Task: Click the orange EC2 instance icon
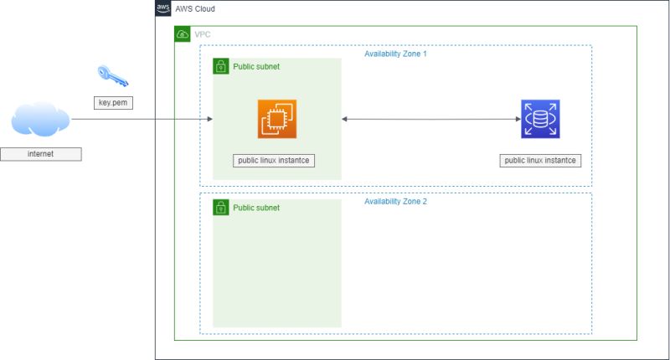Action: tap(277, 119)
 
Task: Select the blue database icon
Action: tap(540, 119)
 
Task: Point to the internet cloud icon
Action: tap(40, 120)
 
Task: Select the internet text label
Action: tap(40, 154)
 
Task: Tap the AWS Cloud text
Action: tap(195, 8)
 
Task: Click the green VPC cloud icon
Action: tap(183, 34)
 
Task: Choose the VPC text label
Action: tap(203, 34)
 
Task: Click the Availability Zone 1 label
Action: tap(395, 54)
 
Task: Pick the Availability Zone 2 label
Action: tap(395, 202)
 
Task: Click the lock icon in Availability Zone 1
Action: tap(221, 66)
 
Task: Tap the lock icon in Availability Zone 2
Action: tap(221, 207)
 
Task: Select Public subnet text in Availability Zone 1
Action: tap(256, 66)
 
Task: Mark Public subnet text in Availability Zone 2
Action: tap(256, 208)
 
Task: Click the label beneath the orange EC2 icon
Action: tap(274, 160)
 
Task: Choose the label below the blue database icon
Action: tap(540, 160)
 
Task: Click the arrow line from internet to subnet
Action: tap(138, 120)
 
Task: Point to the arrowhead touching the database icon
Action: tap(518, 120)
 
